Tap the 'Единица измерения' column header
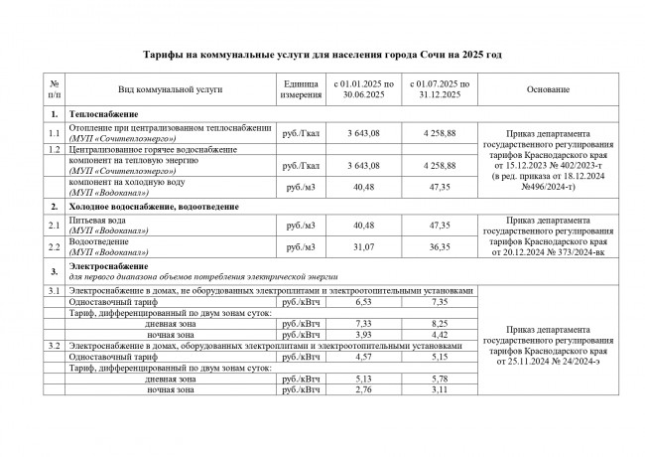(x=301, y=89)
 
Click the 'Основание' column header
(x=542, y=89)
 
